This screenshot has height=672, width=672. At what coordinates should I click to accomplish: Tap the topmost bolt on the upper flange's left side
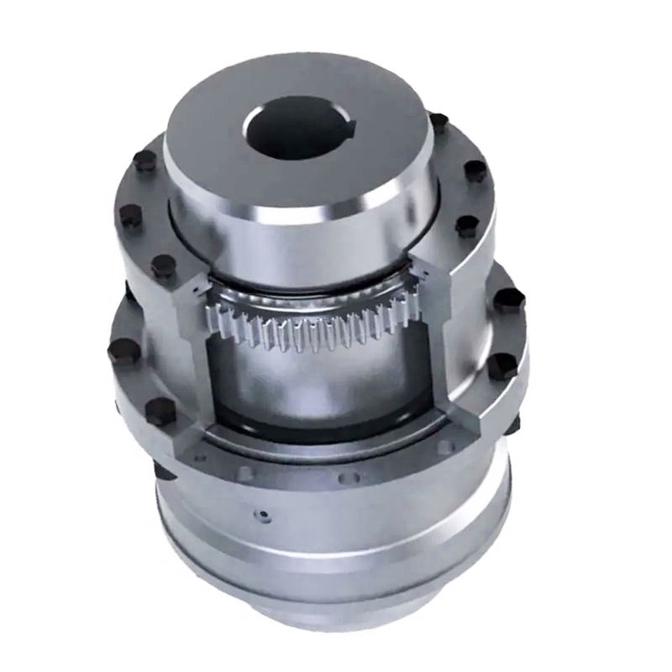pyautogui.click(x=145, y=160)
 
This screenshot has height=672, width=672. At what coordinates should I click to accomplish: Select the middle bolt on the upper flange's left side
pyautogui.click(x=130, y=216)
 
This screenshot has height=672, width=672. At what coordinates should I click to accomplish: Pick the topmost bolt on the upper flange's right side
pyautogui.click(x=438, y=123)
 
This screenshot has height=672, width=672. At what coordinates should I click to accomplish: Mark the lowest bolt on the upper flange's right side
pyautogui.click(x=467, y=225)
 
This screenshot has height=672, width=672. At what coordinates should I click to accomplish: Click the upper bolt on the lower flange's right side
pyautogui.click(x=508, y=301)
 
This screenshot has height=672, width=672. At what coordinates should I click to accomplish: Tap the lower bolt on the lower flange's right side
pyautogui.click(x=502, y=365)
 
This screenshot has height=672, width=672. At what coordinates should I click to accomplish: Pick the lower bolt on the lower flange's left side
pyautogui.click(x=160, y=411)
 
